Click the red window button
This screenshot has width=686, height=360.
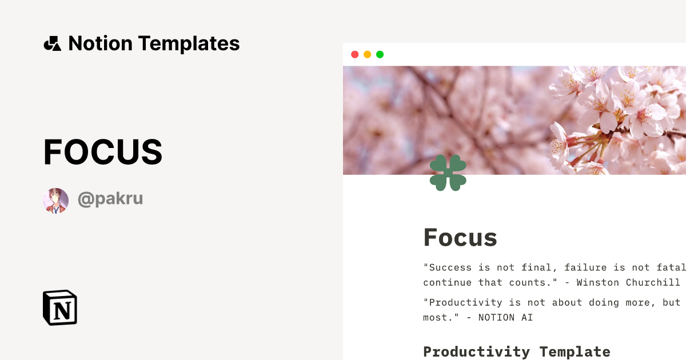coord(355,54)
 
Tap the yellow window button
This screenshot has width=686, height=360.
coord(368,54)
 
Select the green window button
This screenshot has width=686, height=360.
coord(380,54)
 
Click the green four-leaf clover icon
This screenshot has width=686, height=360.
coord(448,173)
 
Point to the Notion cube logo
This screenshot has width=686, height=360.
coord(60,308)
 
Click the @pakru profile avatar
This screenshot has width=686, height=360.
coord(55,201)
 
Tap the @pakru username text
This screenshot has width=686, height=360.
coord(110,199)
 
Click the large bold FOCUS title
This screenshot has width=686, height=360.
coord(103,153)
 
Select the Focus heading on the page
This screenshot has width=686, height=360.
coord(460,237)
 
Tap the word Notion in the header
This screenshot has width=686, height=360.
coord(100,43)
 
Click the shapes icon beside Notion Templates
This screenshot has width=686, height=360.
coord(52,43)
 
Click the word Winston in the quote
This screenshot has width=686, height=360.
coord(599,282)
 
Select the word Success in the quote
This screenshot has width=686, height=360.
coord(450,267)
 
